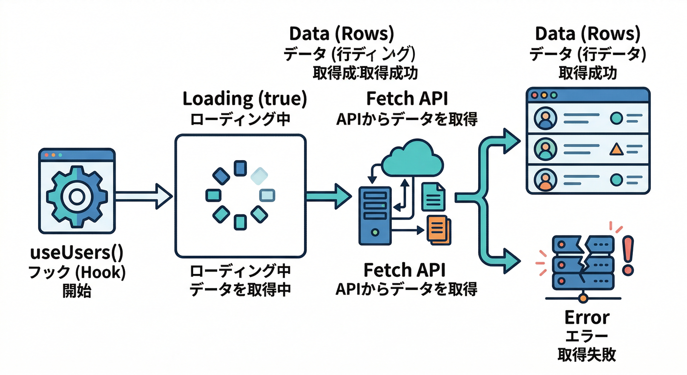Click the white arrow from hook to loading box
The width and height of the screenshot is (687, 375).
tap(144, 196)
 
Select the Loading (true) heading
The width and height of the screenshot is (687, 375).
tap(244, 99)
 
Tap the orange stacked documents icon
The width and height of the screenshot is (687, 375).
tap(439, 229)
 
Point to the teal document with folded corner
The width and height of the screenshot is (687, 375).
tap(433, 197)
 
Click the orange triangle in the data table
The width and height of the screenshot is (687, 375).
tap(616, 149)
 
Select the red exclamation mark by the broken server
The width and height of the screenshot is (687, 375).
tap(628, 254)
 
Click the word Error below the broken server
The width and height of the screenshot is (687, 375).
tap(586, 317)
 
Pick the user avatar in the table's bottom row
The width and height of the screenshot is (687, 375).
tap(544, 179)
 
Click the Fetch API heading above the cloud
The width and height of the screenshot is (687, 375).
tap(407, 99)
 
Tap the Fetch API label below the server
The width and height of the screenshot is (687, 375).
tap(407, 270)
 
